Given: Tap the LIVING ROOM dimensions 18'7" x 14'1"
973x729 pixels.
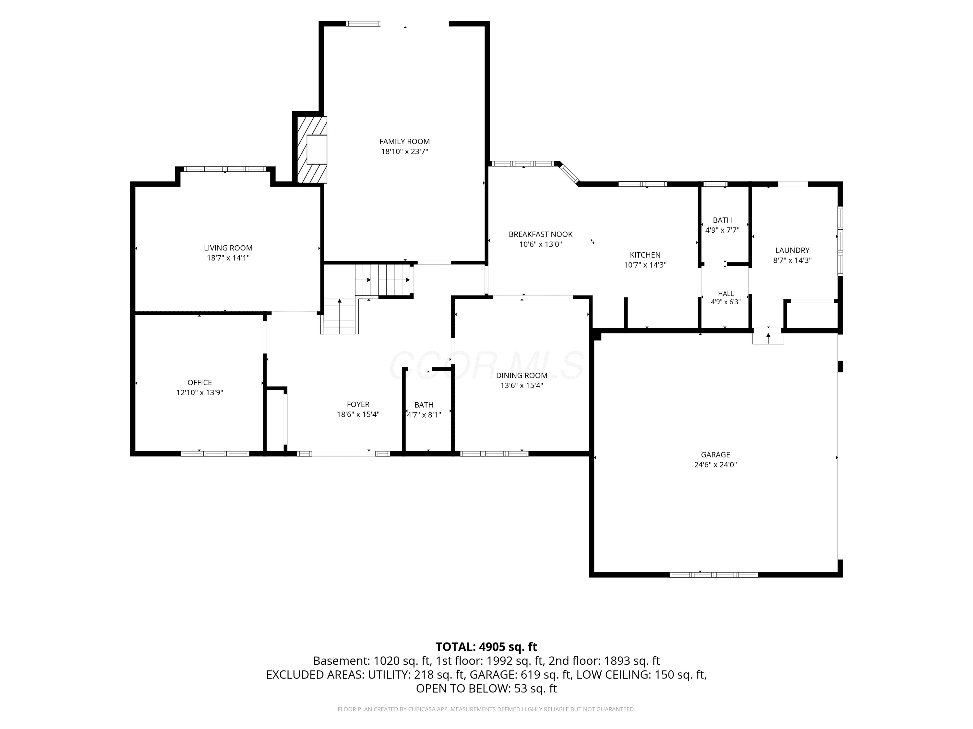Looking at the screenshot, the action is click(x=228, y=258).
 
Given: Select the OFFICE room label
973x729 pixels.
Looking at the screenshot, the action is click(x=200, y=383).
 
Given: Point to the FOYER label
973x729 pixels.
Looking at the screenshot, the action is click(x=358, y=405).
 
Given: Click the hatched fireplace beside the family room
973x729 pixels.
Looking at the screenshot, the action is click(x=312, y=149).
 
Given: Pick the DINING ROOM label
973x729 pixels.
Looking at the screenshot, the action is click(x=522, y=376).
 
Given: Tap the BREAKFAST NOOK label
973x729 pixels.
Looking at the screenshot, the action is click(x=541, y=235).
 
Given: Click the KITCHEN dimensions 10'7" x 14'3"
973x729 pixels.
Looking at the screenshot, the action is click(x=645, y=265).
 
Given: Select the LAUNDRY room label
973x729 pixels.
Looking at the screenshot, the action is click(x=792, y=250).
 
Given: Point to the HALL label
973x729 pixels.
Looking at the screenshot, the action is click(x=726, y=294).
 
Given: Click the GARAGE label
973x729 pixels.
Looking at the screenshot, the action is click(x=715, y=455).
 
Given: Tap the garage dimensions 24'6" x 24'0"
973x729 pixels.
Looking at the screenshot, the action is click(x=715, y=465).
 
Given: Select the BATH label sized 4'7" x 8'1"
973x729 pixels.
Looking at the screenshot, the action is click(x=424, y=405).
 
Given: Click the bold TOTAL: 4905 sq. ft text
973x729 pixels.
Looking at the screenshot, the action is click(x=486, y=647).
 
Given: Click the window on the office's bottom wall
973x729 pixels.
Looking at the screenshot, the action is click(x=215, y=454).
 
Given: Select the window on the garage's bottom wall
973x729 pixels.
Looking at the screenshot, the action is click(x=714, y=574).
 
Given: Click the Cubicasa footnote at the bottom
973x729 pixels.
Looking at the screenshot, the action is click(x=486, y=709).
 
